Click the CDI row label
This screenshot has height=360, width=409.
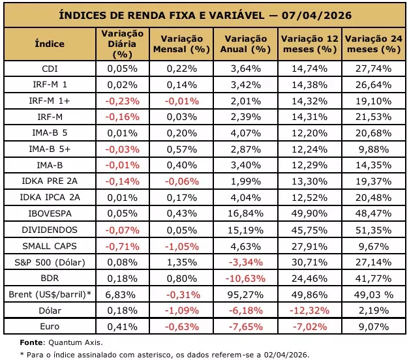pos(50,68)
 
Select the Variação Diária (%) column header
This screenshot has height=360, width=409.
pos(123,44)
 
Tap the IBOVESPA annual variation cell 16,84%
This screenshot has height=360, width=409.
pos(246,213)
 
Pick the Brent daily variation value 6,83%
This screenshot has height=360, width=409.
pos(120,295)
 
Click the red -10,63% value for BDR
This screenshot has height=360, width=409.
pos(245,278)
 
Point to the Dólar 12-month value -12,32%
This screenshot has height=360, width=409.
pos(310,310)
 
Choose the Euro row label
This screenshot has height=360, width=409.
pos(50,326)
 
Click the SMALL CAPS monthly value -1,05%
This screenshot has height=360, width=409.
pos(182,247)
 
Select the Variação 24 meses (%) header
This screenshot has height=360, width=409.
pos(374,44)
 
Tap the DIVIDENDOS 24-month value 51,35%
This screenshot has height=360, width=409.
pos(374,230)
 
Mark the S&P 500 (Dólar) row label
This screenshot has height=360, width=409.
pos(50,262)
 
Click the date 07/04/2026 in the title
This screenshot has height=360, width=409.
pos(316,15)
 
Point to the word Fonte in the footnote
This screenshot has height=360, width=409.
pos(31,342)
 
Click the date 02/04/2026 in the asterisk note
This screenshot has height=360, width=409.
pos(286,355)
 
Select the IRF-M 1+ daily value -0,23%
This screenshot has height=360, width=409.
pos(123,101)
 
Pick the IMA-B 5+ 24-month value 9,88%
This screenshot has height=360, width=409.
pos(374,149)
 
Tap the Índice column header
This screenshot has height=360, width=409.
pos(50,44)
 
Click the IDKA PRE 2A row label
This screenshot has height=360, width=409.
pos(50,181)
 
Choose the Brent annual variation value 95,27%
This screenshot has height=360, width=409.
pos(245,295)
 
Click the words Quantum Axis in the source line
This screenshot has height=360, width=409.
pos(76,342)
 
